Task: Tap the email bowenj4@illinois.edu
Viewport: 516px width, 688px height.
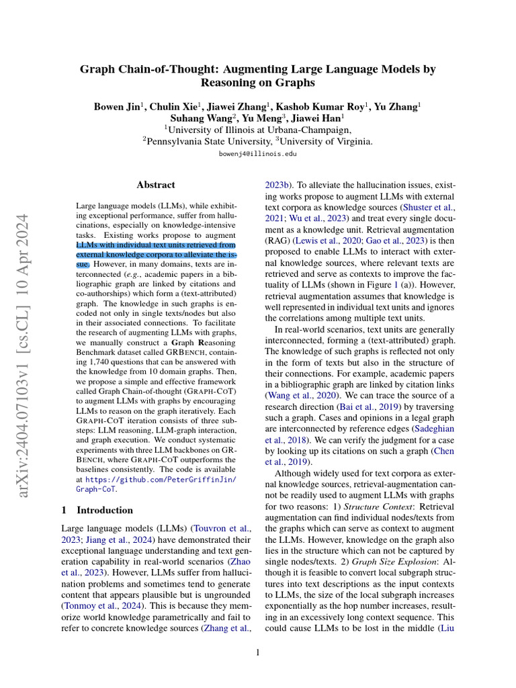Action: click(x=258, y=154)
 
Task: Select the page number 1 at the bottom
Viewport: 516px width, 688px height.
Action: click(x=258, y=651)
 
